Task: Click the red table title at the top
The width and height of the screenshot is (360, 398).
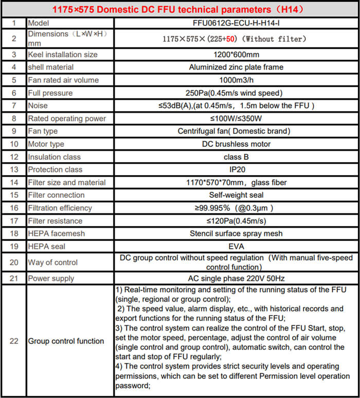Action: pos(179,9)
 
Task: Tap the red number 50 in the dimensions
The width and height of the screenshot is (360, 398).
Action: pos(232,39)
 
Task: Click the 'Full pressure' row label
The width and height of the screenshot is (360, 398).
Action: pos(50,93)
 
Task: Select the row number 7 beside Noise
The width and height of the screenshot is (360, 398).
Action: pos(13,106)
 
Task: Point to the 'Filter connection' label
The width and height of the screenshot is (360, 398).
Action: pos(56,195)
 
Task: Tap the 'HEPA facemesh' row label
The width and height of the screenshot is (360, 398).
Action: pos(56,233)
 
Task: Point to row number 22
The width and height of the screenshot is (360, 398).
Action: pos(13,341)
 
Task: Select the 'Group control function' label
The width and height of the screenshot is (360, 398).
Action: pos(66,341)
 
